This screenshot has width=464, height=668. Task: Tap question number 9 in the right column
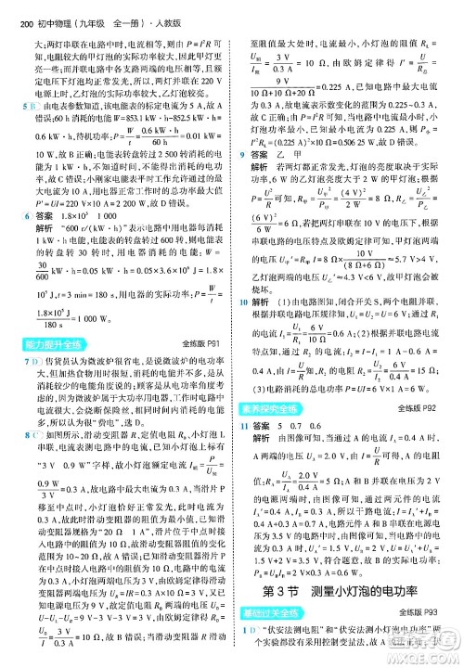point(245,132)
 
